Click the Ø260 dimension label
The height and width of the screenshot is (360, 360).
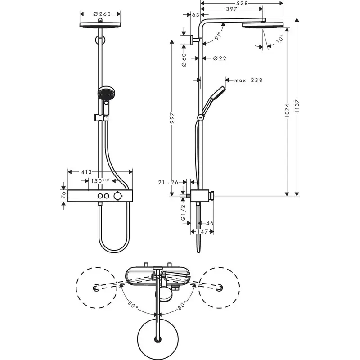click(x=102, y=14)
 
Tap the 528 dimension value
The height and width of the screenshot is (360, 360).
click(x=242, y=3)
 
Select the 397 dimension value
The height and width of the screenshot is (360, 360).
click(x=231, y=9)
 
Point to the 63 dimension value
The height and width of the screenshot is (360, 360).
click(x=196, y=15)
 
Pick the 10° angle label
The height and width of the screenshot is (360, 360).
click(x=279, y=39)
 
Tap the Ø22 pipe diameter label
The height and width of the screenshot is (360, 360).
click(x=220, y=58)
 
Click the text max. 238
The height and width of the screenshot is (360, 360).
click(x=248, y=80)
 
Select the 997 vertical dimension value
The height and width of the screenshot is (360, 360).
click(x=172, y=118)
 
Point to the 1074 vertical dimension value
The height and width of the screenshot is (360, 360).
click(x=287, y=111)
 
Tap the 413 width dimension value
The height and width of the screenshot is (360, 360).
click(x=86, y=172)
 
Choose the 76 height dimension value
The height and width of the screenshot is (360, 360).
click(x=63, y=195)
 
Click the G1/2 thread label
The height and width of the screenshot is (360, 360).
click(x=183, y=213)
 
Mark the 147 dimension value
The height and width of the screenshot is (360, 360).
click(x=202, y=232)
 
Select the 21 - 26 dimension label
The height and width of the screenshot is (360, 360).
click(x=168, y=182)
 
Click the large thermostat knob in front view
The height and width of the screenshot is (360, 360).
click(x=117, y=196)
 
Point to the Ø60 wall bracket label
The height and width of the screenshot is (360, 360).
click(x=184, y=60)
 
